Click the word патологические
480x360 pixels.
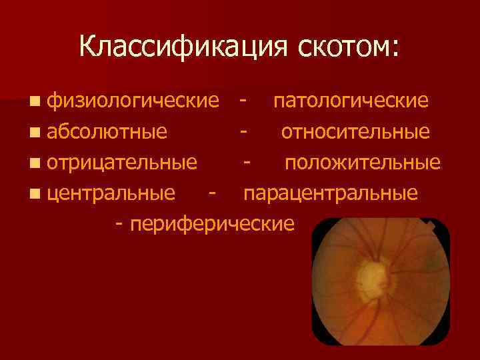click(351, 101)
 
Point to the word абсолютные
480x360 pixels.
click(107, 132)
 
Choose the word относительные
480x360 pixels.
click(355, 132)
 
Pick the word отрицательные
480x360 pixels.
click(122, 163)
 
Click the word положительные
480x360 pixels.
click(363, 163)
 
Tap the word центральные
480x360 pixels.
click(112, 193)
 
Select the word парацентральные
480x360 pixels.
click(330, 193)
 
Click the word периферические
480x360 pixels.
click(212, 224)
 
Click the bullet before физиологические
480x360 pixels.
click(33, 102)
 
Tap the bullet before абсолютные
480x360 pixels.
click(33, 133)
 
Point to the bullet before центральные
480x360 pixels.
click(33, 194)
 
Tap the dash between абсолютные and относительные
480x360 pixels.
click(245, 132)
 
